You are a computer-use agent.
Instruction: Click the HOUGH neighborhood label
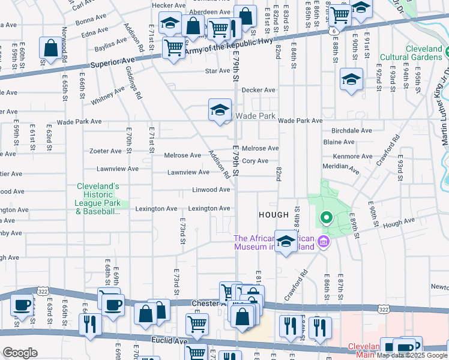click(274, 214)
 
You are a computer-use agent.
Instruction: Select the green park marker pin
click(326, 218)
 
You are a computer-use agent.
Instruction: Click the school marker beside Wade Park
click(220, 110)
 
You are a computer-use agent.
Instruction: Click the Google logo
click(20, 353)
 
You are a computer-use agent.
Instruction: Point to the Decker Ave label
click(258, 90)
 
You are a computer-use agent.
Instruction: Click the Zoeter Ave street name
click(105, 151)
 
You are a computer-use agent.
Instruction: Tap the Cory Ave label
click(255, 161)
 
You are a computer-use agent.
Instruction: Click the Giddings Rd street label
click(133, 83)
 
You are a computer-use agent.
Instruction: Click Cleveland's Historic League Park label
click(98, 199)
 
